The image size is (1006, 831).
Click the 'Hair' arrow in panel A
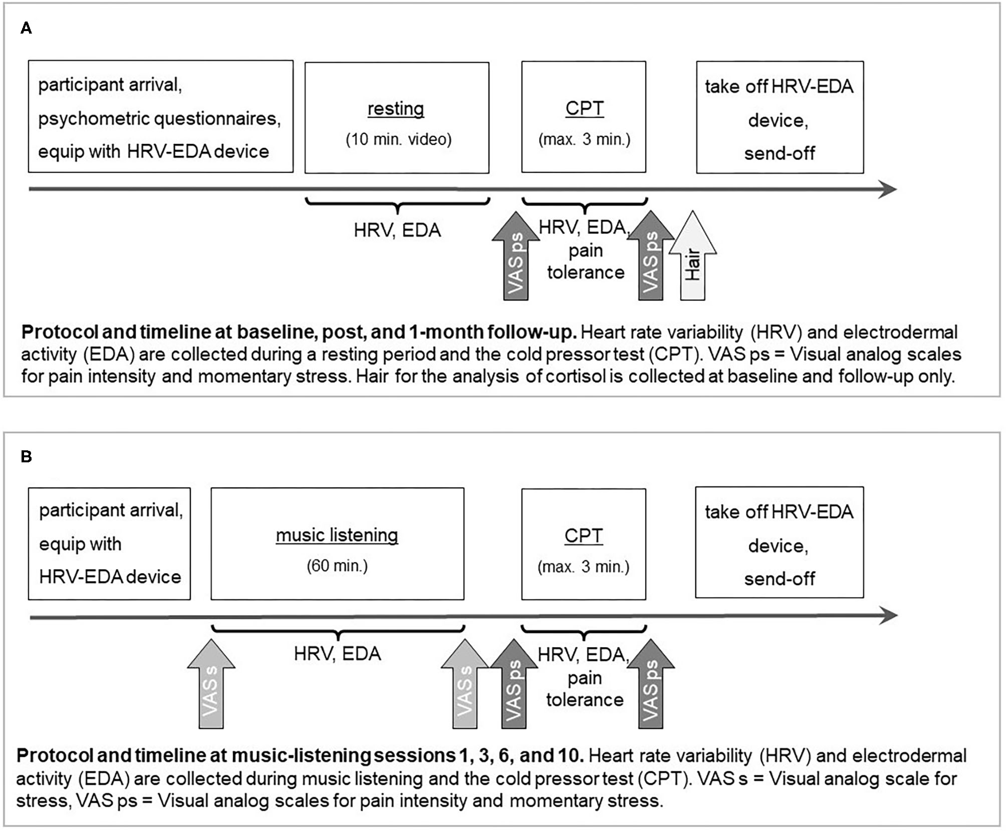coord(692,260)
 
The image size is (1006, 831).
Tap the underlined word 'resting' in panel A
coord(396,109)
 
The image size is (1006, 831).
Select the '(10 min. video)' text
coord(398,139)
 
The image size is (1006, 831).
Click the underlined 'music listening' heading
coord(337,535)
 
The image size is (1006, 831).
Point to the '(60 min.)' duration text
coord(337,566)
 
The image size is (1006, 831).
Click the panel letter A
coord(26,29)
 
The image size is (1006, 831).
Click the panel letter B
coord(26,456)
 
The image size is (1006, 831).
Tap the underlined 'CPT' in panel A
coord(584,109)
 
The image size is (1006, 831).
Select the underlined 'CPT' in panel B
coord(584,535)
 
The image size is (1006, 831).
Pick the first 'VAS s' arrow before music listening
coord(211,686)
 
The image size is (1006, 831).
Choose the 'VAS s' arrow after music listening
coord(464,686)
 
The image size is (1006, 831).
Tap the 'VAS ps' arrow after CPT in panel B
coord(650,686)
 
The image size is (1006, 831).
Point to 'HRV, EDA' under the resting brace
coord(397,230)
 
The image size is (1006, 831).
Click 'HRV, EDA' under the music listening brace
coord(337,654)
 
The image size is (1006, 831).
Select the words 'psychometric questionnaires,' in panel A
coord(159,119)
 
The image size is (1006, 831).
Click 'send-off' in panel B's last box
coord(779,579)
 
